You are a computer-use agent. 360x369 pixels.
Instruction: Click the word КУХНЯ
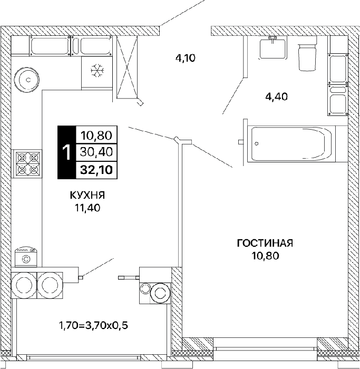[87, 196]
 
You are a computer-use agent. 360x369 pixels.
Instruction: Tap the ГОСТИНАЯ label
[265, 243]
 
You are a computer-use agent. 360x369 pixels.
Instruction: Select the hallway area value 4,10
[186, 57]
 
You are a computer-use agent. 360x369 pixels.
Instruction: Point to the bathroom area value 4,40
[277, 96]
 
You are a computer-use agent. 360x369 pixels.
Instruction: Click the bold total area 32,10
[96, 170]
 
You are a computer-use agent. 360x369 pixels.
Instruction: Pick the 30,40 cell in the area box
[96, 152]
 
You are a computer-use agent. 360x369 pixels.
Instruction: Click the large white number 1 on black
[67, 152]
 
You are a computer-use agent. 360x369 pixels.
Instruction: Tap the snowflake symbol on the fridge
[97, 70]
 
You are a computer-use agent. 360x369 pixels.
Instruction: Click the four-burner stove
[26, 163]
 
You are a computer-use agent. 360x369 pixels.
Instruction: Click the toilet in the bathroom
[307, 57]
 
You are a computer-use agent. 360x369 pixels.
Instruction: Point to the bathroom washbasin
[273, 49]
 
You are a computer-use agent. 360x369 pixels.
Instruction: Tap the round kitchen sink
[26, 80]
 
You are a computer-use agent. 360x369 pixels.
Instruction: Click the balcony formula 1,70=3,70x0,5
[93, 326]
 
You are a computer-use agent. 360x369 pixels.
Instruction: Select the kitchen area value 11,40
[87, 208]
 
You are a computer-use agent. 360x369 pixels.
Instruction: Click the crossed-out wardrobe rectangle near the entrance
[127, 67]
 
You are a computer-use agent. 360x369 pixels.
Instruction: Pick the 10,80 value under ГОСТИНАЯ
[265, 255]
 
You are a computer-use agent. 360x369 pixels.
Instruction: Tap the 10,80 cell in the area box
[96, 135]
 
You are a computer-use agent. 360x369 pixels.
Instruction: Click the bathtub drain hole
[257, 143]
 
